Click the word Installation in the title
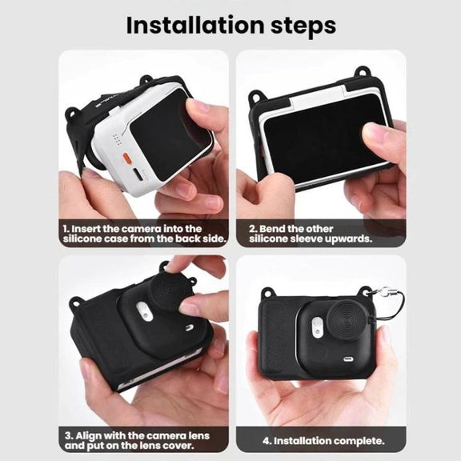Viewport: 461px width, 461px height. point(195,25)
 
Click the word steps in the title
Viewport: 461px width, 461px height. point(303,27)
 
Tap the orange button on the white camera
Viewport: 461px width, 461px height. point(126,157)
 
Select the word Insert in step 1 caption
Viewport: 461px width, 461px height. point(86,229)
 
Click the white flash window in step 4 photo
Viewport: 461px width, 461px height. point(317,327)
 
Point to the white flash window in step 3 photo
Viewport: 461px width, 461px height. point(144,311)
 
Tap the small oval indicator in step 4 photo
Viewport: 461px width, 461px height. point(349,359)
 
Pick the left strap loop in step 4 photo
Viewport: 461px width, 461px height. point(268,294)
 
